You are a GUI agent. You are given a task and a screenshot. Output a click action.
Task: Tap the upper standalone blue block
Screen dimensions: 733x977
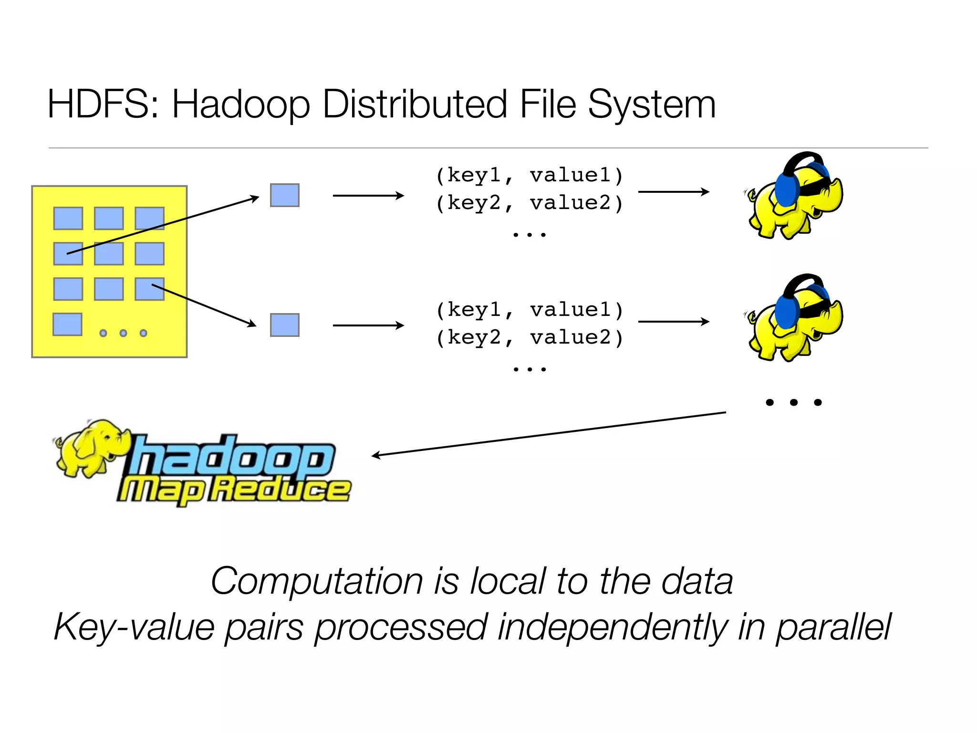tap(285, 195)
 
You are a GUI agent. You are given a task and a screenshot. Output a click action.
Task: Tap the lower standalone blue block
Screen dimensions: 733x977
tap(285, 325)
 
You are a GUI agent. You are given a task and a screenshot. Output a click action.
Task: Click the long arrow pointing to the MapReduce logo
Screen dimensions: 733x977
tap(549, 433)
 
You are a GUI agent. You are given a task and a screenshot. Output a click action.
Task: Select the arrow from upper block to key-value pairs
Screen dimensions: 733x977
tap(368, 195)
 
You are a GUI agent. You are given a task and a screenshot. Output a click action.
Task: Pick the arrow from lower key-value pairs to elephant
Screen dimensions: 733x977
tap(673, 322)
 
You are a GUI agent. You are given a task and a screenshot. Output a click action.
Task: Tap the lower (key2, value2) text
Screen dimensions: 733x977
tap(530, 338)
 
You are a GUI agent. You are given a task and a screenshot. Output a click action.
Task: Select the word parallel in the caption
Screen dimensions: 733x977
tap(833, 627)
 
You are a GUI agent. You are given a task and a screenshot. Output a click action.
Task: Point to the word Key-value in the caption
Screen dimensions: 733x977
tap(134, 627)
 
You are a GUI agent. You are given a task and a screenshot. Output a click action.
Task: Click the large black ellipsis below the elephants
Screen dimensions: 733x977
tap(793, 402)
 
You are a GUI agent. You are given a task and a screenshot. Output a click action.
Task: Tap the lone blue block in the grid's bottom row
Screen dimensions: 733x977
tap(67, 325)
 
